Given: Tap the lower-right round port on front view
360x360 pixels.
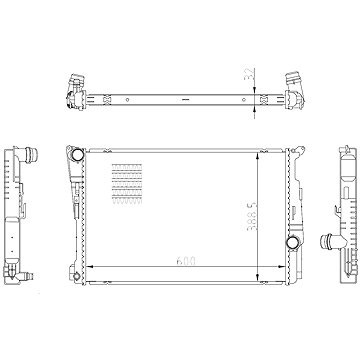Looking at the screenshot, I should pyautogui.click(x=292, y=244).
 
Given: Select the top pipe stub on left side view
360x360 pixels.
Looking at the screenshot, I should pyautogui.click(x=33, y=157).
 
